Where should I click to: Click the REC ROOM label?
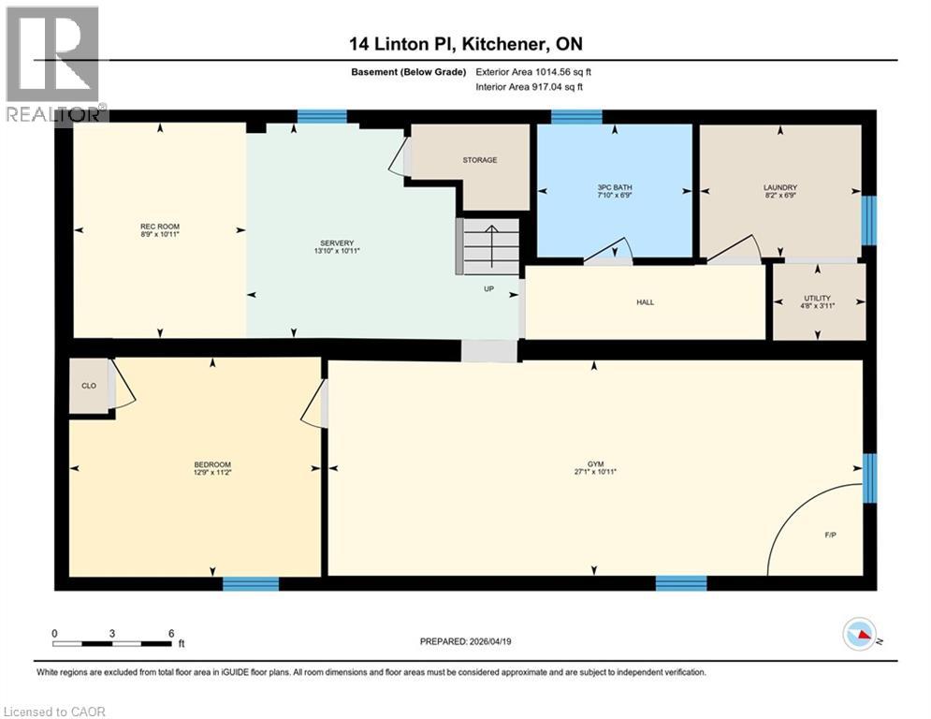pyautogui.click(x=160, y=227)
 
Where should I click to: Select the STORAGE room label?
pyautogui.click(x=479, y=160)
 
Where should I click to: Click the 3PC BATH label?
pyautogui.click(x=615, y=187)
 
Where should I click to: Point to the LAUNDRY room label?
pyautogui.click(x=779, y=187)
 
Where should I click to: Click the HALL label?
pyautogui.click(x=645, y=302)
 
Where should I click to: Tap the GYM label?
pyautogui.click(x=595, y=464)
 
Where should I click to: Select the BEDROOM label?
pyautogui.click(x=212, y=465)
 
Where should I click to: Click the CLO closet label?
pyautogui.click(x=89, y=385)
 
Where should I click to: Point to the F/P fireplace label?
pyautogui.click(x=830, y=536)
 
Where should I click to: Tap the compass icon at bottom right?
pyautogui.click(x=859, y=635)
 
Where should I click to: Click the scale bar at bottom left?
pyautogui.click(x=112, y=643)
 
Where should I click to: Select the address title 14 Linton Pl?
pyautogui.click(x=464, y=44)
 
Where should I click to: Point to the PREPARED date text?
pyautogui.click(x=467, y=641)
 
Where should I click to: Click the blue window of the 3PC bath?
pyautogui.click(x=576, y=117)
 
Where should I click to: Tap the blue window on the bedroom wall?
pyautogui.click(x=251, y=584)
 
